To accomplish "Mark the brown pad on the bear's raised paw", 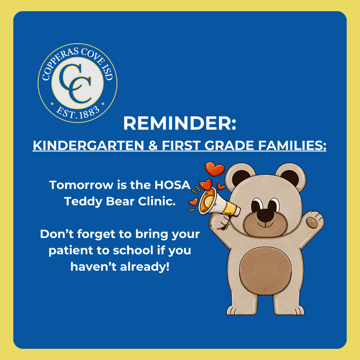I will [312, 222].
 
